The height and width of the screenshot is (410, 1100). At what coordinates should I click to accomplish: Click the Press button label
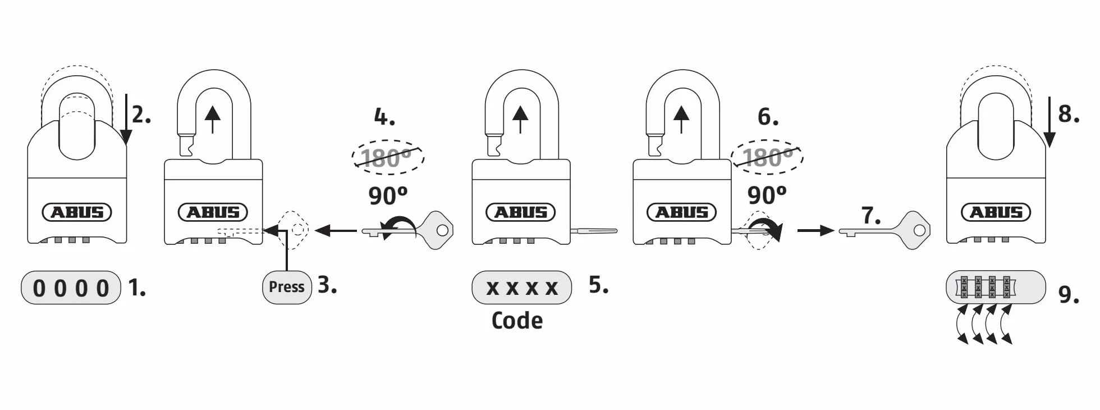(287, 287)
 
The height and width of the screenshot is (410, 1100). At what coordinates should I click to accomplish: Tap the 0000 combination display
(71, 288)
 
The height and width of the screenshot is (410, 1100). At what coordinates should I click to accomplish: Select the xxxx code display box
(522, 288)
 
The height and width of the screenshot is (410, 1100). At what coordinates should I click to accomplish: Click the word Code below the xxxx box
(517, 321)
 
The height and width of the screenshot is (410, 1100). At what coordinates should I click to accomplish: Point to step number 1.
(137, 288)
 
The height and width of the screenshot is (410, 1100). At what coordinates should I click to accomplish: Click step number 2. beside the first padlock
(142, 115)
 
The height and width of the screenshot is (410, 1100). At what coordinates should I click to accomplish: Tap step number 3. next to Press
(327, 285)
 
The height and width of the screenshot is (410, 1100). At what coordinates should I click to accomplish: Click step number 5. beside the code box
(599, 285)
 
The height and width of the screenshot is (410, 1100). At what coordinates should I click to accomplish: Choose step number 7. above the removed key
(871, 215)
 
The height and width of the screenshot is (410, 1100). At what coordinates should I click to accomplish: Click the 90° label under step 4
(388, 195)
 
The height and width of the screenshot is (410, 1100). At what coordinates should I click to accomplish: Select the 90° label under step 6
(767, 195)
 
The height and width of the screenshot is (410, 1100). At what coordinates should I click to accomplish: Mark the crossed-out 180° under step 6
(767, 156)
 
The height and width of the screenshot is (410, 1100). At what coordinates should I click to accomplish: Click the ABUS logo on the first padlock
(77, 212)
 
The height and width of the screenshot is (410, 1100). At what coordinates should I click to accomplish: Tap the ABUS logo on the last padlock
(996, 212)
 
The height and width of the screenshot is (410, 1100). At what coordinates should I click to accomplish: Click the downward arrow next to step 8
(1049, 129)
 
